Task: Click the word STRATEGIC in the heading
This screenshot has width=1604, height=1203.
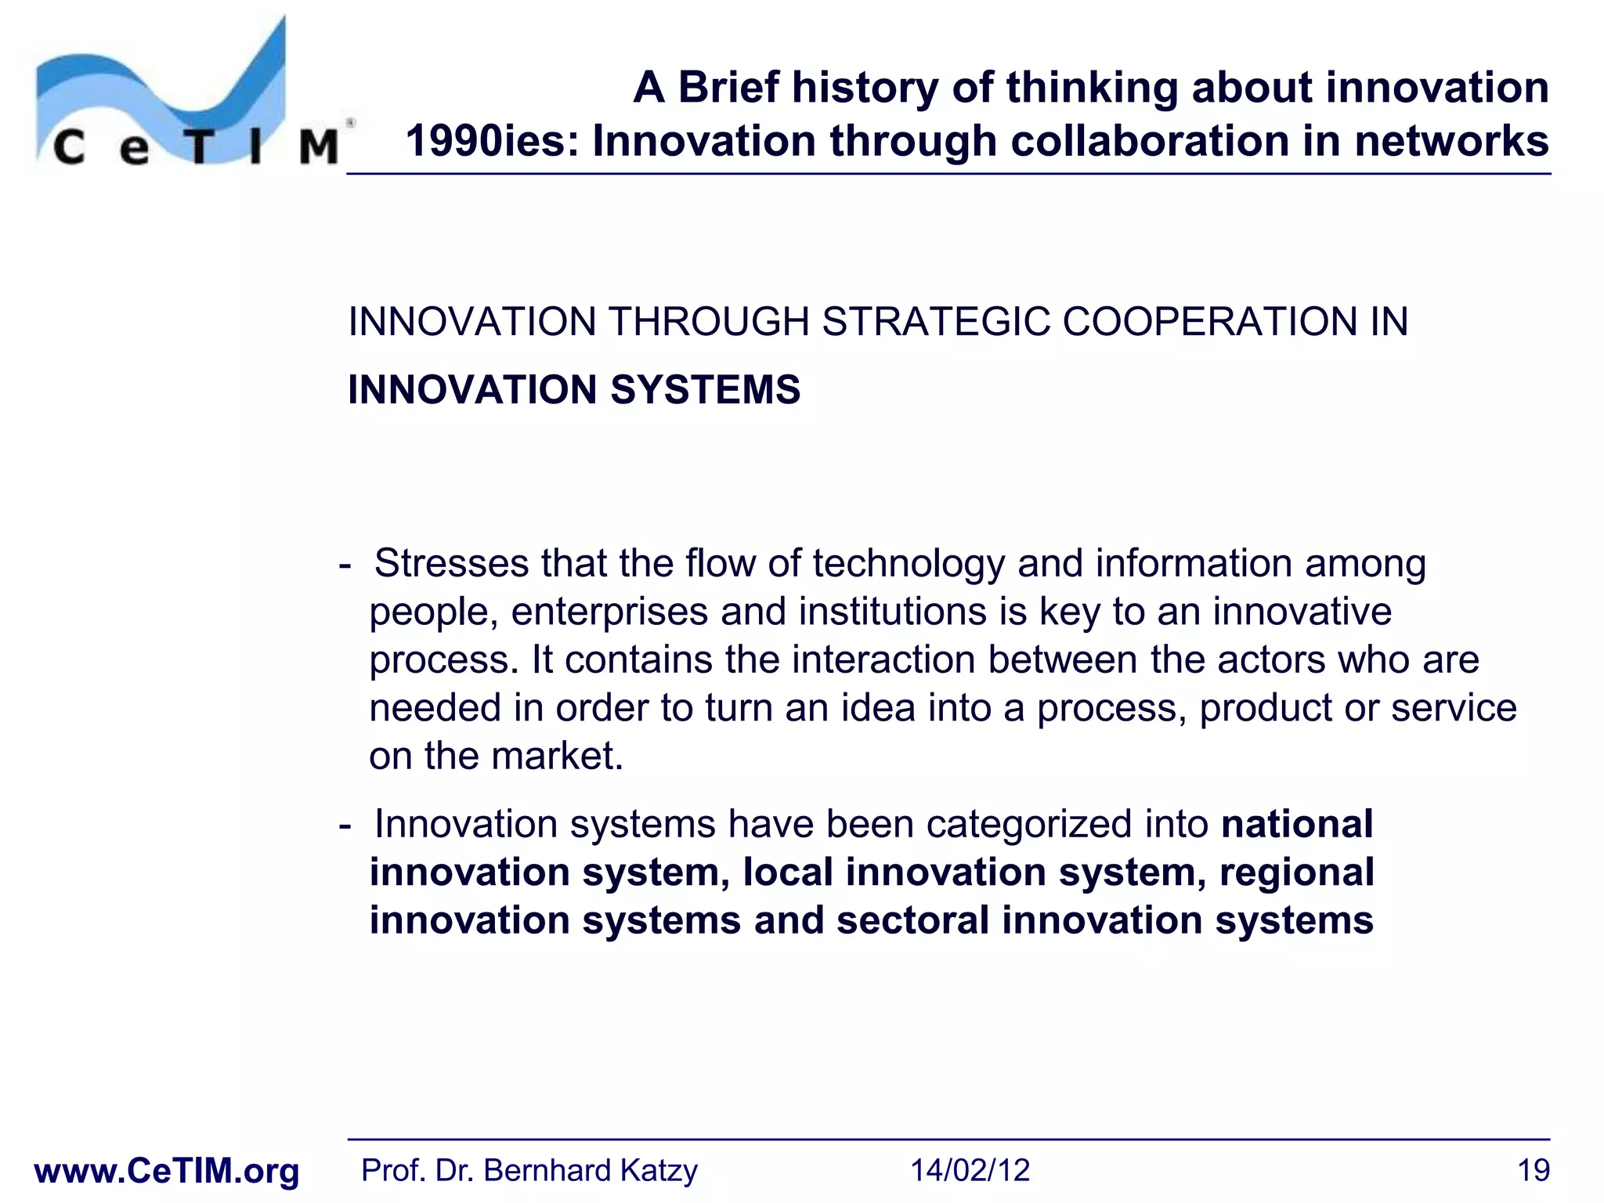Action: (935, 322)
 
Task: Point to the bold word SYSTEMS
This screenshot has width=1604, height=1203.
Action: (705, 390)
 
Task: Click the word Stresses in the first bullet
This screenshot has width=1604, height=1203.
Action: (451, 563)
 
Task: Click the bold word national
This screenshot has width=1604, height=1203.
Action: (1297, 825)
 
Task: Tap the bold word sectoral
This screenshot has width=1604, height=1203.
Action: (912, 920)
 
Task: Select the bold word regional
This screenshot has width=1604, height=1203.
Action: (1297, 872)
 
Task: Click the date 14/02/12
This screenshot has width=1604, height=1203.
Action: (970, 1171)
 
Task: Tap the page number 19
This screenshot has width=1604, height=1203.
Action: (1533, 1171)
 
